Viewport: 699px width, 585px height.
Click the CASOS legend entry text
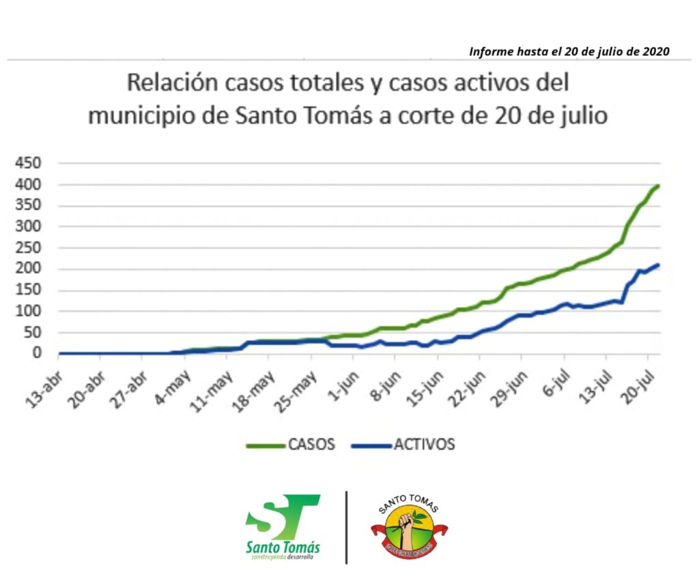311,445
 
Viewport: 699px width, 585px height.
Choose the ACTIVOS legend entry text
423,445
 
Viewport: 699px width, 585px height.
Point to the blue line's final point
658,265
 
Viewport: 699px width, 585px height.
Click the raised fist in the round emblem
408,526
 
